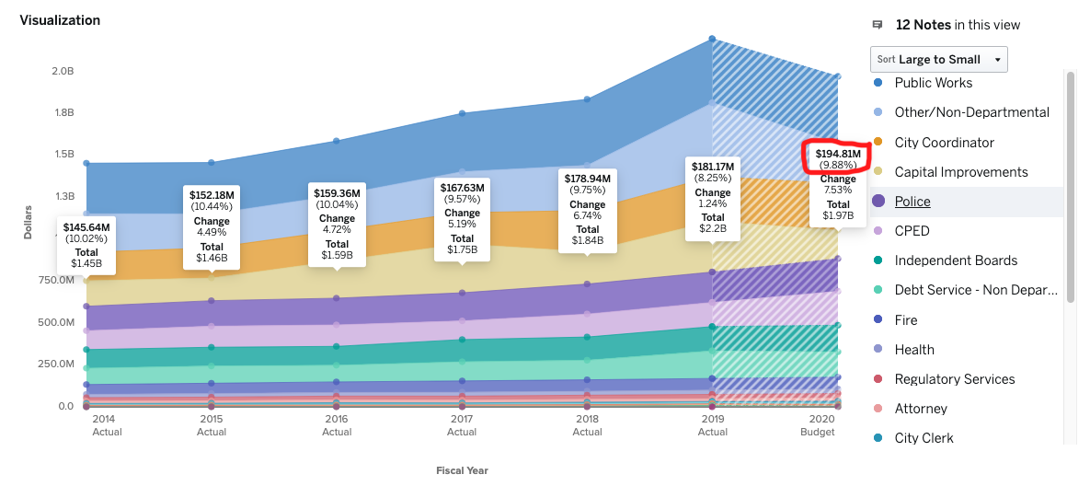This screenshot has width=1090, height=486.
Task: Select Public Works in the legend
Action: pos(933,83)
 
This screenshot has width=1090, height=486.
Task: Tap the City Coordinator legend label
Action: pos(944,143)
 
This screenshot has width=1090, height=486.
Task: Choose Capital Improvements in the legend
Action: pos(961,172)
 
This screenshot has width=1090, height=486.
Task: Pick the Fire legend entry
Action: pos(905,320)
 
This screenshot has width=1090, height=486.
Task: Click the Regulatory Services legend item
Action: pos(954,379)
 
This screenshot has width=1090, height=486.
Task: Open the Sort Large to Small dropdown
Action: pos(938,59)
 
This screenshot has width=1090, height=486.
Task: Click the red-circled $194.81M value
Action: pos(837,154)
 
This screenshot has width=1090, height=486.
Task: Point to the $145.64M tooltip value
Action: pos(86,227)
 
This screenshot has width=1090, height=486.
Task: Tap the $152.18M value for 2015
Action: pos(212,195)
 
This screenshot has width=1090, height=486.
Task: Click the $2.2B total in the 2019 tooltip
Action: pos(712,228)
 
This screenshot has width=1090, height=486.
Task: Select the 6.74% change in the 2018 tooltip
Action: pos(587,215)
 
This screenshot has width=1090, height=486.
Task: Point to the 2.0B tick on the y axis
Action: pos(63,71)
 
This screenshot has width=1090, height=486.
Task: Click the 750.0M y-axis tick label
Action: pos(57,280)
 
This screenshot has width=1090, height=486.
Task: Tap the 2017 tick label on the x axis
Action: pos(462,420)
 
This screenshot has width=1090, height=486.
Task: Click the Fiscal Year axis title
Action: pos(462,470)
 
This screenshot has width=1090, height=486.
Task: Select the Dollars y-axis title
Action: pos(28,222)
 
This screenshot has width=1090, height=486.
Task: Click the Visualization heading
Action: pos(60,19)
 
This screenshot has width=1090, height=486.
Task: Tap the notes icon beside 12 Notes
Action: pos(878,25)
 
